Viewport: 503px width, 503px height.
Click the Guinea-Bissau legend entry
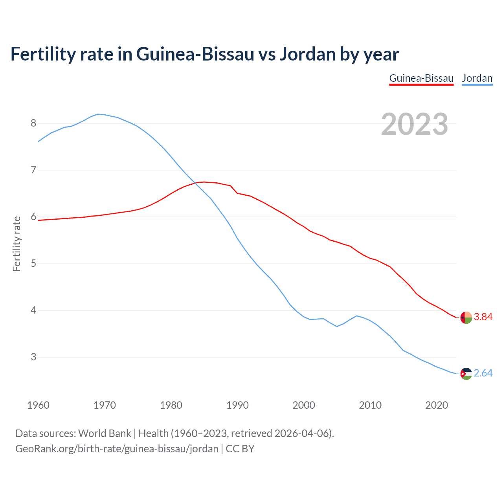tap(421, 78)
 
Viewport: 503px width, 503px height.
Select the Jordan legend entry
tap(477, 78)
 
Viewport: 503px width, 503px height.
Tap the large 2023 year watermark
tap(415, 124)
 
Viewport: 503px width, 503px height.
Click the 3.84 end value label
tap(483, 317)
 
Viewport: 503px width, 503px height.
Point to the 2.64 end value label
tap(483, 373)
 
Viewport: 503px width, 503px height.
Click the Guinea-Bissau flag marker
tap(466, 318)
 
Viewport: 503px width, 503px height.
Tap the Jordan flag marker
tap(466, 374)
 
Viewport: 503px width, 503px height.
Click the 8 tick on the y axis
tap(33, 123)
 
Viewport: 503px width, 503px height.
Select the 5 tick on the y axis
tap(33, 263)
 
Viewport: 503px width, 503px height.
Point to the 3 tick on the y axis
tap(33, 357)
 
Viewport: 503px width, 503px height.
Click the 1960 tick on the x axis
tap(38, 405)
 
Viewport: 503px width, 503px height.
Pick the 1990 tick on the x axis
tap(237, 405)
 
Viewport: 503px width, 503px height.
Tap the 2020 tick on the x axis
tap(437, 405)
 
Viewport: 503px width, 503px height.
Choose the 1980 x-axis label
tap(171, 405)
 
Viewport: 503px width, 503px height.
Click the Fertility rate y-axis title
tap(17, 244)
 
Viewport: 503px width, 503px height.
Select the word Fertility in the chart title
tap(42, 54)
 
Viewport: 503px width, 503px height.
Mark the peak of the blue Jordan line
tap(98, 114)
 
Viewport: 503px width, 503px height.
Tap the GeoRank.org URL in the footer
tap(117, 448)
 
